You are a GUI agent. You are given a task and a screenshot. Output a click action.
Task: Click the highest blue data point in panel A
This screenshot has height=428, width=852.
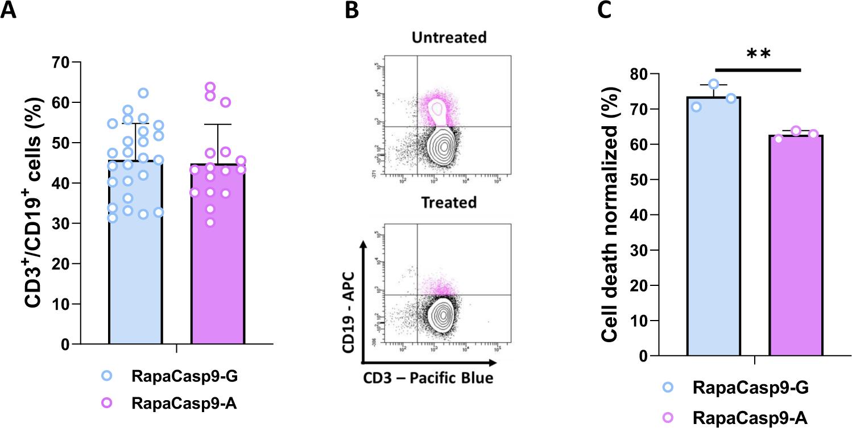pyautogui.click(x=143, y=93)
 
